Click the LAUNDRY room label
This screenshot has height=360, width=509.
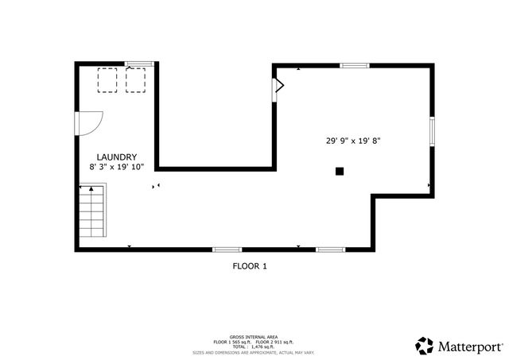(117, 157)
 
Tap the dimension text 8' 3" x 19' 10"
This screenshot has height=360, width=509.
(117, 168)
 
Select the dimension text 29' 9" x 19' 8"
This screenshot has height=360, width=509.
(353, 141)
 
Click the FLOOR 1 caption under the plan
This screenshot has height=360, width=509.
(249, 266)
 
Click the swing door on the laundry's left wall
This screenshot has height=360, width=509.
(87, 123)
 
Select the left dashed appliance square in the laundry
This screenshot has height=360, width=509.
(107, 79)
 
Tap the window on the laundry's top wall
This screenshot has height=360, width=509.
(140, 63)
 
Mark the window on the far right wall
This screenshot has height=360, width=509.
(432, 132)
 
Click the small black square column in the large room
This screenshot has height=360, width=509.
(340, 170)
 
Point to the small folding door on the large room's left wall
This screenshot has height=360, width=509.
(278, 87)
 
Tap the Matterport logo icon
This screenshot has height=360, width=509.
(424, 345)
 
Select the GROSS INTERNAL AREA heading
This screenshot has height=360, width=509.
(254, 337)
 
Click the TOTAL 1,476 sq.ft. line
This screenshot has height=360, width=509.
(254, 346)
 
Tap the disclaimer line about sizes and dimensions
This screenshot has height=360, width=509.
(254, 352)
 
